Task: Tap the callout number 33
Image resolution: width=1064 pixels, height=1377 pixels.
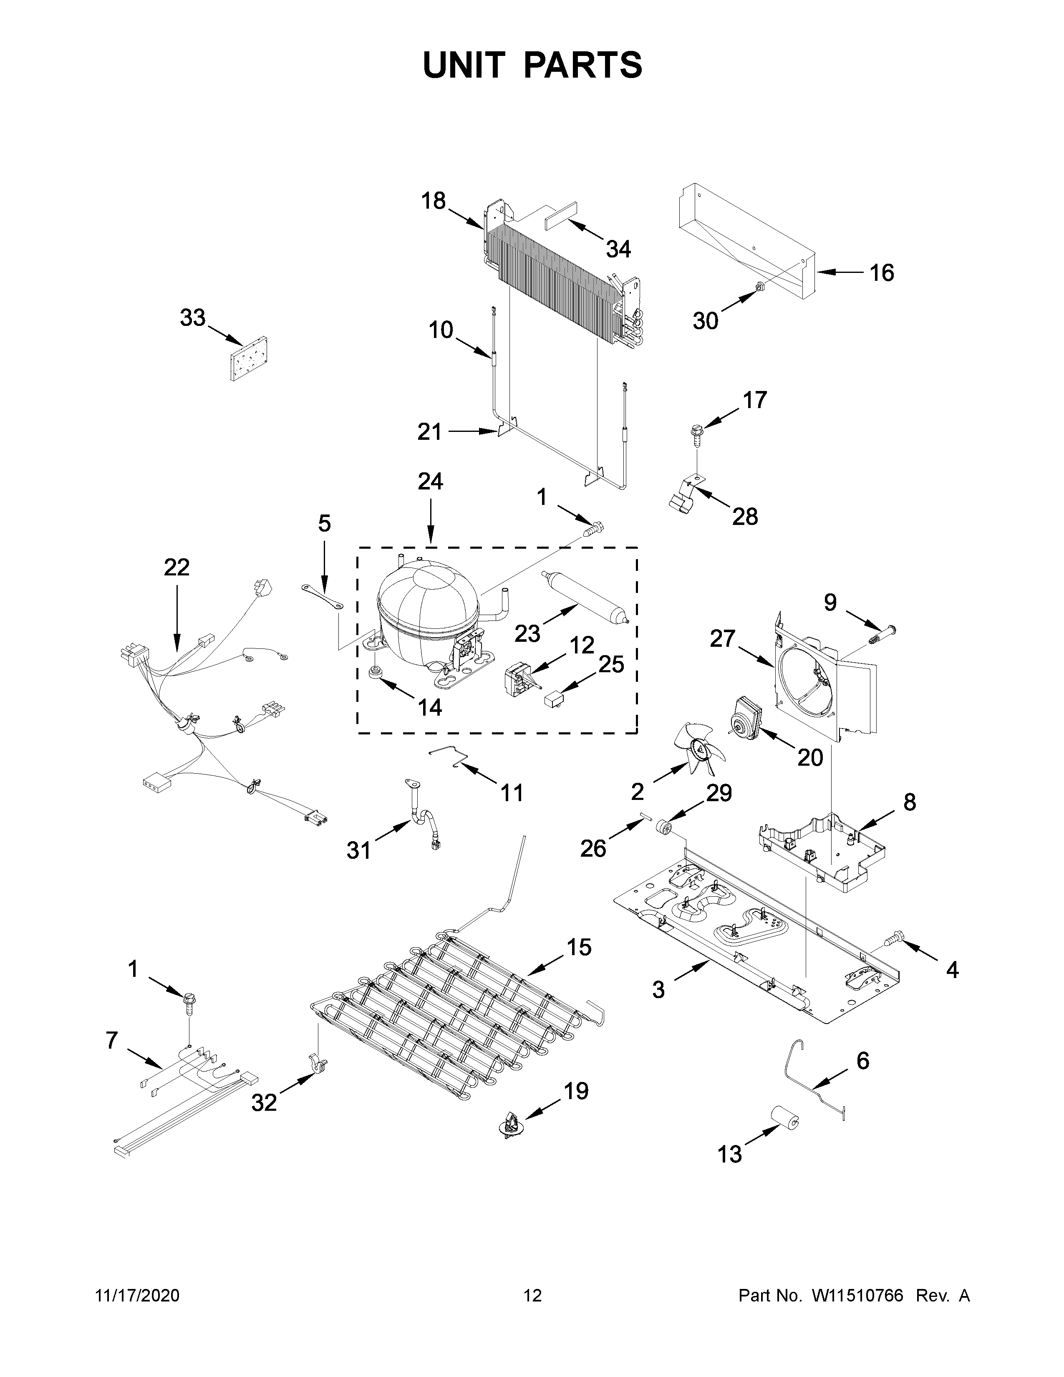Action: tap(192, 318)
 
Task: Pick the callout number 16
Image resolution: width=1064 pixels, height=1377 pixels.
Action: tap(881, 272)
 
